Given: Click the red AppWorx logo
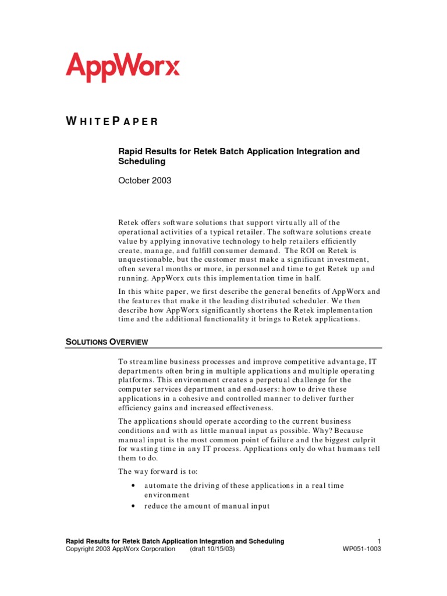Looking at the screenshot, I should pyautogui.click(x=123, y=67).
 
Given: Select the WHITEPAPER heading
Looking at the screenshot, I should pyautogui.click(x=112, y=122).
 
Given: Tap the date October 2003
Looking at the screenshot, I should pyautogui.click(x=145, y=180).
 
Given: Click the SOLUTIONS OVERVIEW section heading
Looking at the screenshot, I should pyautogui.click(x=107, y=342).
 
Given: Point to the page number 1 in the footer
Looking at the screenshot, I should pyautogui.click(x=379, y=541).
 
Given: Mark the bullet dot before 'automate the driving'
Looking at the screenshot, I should pyautogui.click(x=134, y=485).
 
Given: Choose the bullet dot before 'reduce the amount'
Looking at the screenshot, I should pyautogui.click(x=134, y=506).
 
